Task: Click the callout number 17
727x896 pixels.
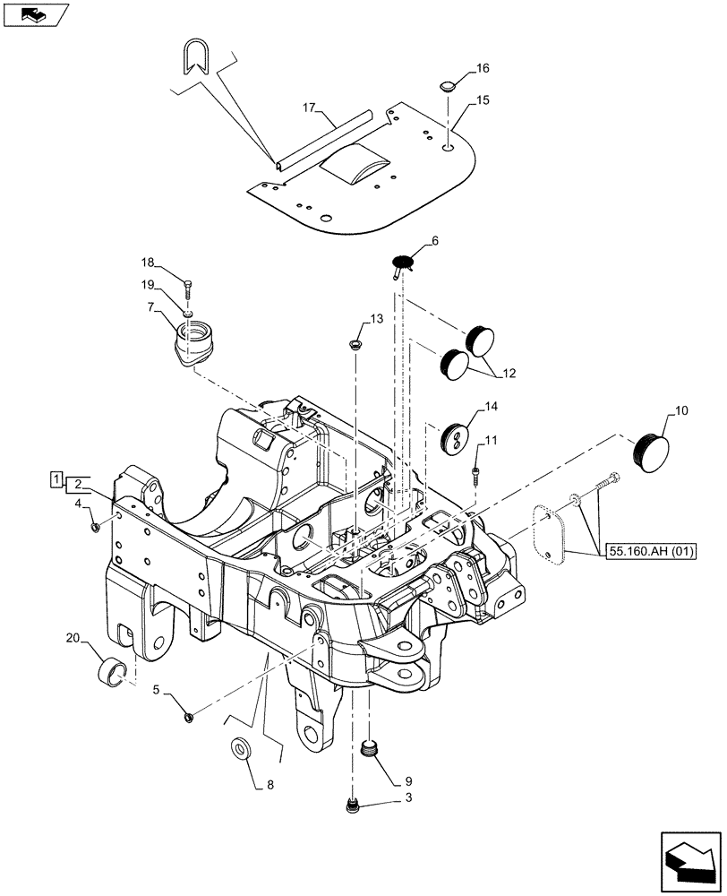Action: point(309,108)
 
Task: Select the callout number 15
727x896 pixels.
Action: point(483,100)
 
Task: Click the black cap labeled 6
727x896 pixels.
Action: point(403,263)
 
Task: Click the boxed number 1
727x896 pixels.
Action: point(56,480)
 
